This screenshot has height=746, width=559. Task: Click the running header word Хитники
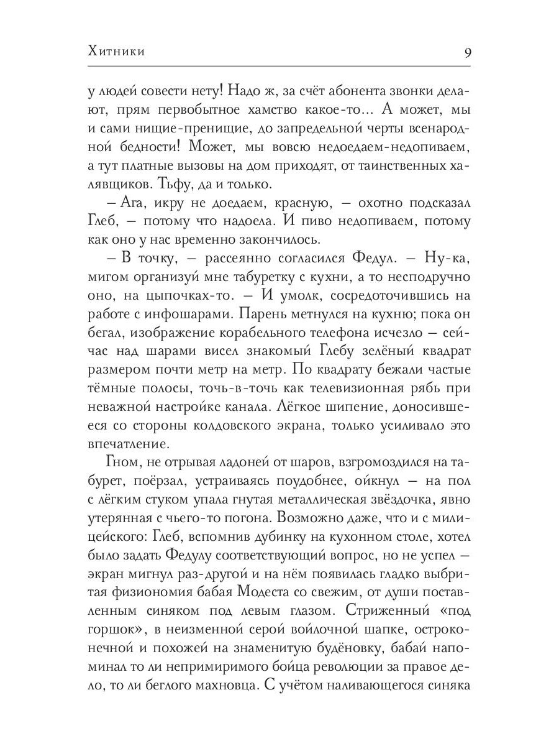click(117, 52)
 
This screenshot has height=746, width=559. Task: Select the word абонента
click(339, 91)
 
